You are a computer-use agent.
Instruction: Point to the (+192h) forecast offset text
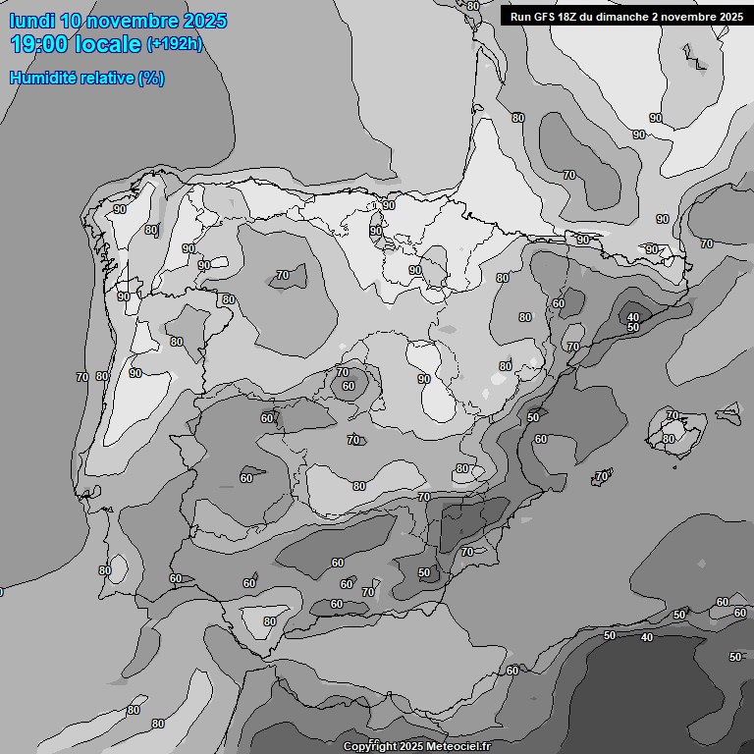click(175, 44)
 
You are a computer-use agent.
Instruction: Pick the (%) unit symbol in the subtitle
click(151, 78)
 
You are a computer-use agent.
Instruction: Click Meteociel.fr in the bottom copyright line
click(456, 746)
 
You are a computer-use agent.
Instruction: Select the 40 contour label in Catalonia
click(633, 317)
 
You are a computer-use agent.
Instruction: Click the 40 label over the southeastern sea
click(646, 638)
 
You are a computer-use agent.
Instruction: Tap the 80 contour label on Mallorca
click(669, 439)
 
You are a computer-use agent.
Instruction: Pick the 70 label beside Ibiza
click(601, 476)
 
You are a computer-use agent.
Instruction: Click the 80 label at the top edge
click(473, 6)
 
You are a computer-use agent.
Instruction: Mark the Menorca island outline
click(729, 411)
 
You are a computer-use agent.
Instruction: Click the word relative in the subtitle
click(108, 78)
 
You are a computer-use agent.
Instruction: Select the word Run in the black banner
click(520, 17)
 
